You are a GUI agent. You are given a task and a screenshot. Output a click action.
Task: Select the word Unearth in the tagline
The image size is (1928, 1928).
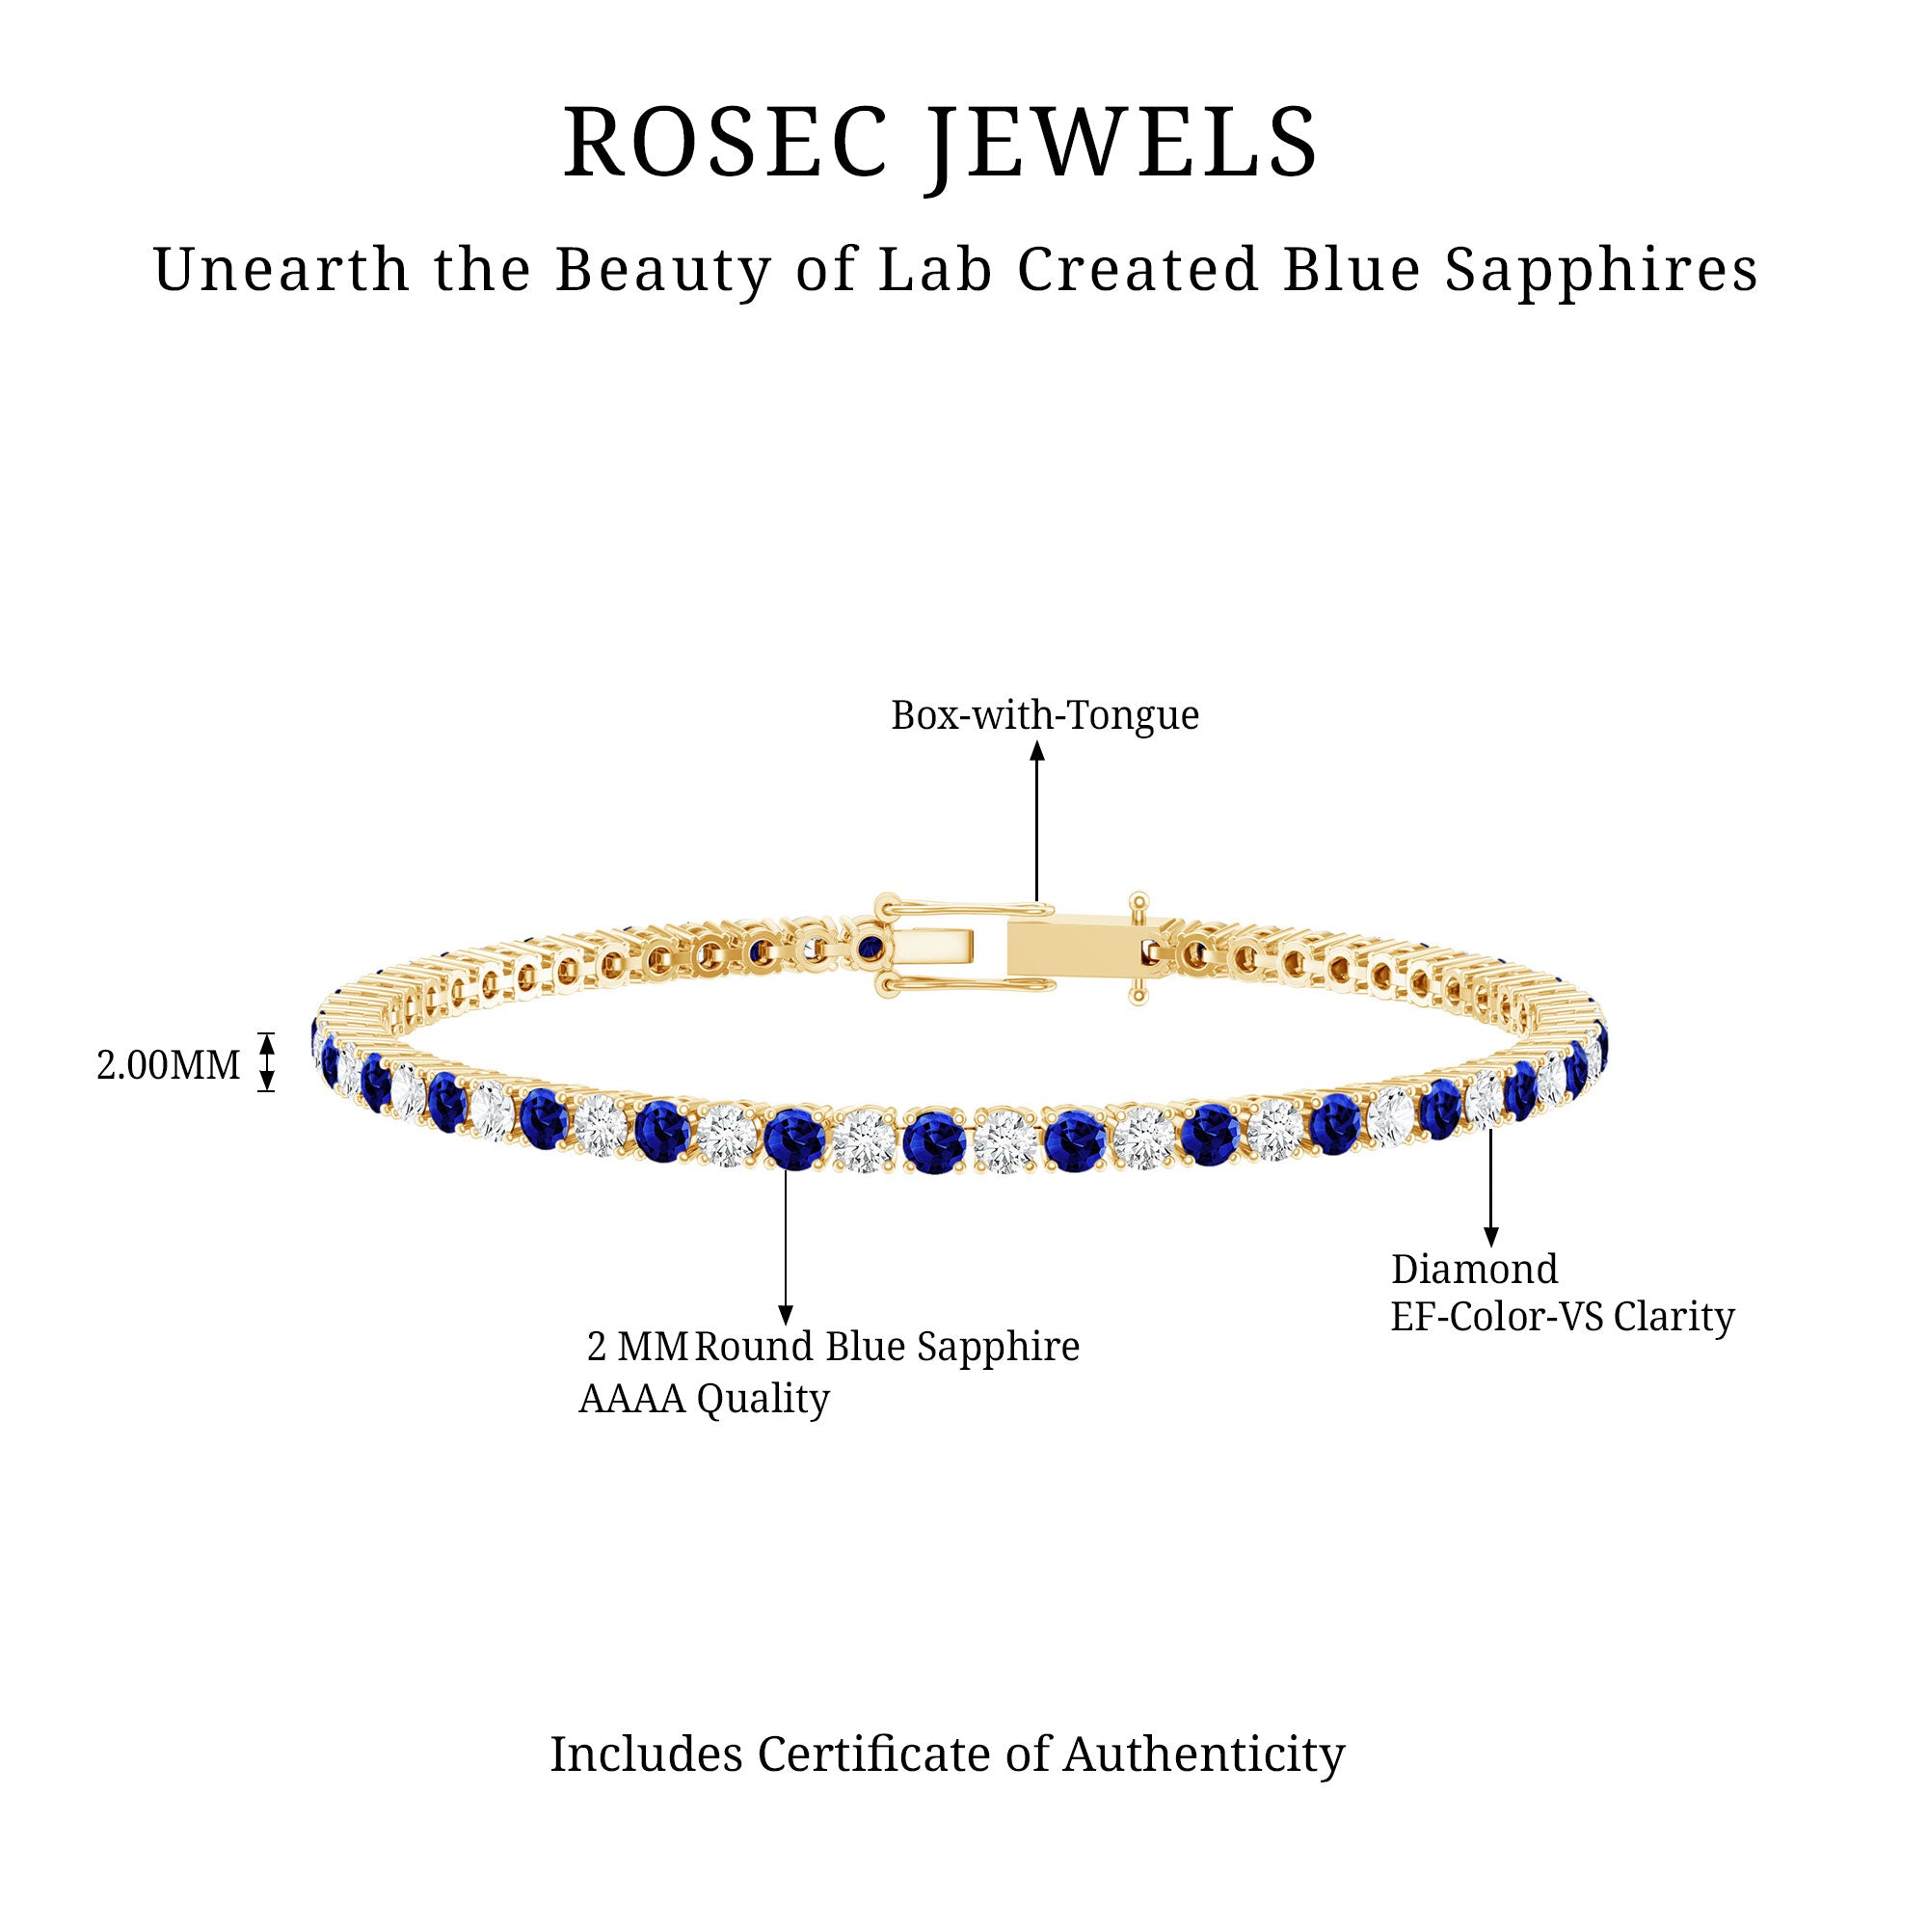281,270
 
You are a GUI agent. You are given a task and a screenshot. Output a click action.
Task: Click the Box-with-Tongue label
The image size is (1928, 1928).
1045,714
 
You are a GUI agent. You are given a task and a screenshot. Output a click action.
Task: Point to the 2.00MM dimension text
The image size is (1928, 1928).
168,1065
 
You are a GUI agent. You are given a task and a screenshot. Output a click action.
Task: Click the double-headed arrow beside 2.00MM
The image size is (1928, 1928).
266,1061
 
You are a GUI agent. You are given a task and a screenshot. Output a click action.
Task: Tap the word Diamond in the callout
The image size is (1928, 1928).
1474,1270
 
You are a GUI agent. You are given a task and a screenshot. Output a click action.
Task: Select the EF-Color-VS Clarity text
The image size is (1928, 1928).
1563,1317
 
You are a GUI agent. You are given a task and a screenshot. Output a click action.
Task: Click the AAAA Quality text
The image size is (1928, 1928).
705,1399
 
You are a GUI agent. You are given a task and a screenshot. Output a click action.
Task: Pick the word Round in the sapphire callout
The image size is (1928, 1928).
754,1348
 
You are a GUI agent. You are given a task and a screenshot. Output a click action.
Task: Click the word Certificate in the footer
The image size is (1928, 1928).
875,1754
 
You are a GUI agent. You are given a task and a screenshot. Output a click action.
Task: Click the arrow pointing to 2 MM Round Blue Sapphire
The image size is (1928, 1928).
786,1247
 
